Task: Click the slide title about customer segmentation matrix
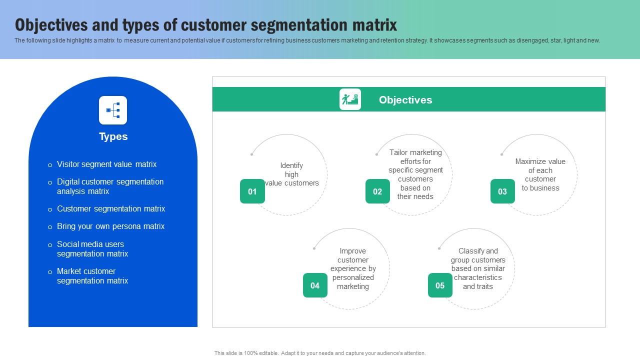pos(206,25)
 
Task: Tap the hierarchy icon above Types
pos(113,110)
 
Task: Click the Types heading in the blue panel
pos(113,136)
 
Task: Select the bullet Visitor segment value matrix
pos(106,164)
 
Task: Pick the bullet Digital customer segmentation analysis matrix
pos(110,186)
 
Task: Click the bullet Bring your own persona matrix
pos(110,226)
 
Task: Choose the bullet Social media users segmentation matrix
pos(92,249)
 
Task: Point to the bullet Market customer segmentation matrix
pos(92,276)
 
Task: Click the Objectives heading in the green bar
pos(405,100)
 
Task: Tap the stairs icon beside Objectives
pos(350,99)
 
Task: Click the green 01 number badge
pos(252,191)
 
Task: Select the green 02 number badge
pos(377,191)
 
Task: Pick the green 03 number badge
pos(502,191)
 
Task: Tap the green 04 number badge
pos(315,285)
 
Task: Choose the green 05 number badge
pos(440,285)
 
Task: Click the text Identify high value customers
pos(291,174)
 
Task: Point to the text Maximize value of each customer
pos(540,174)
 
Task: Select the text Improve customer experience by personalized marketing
pos(353,268)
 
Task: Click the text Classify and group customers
pos(478,268)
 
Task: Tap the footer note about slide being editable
pos(320,353)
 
